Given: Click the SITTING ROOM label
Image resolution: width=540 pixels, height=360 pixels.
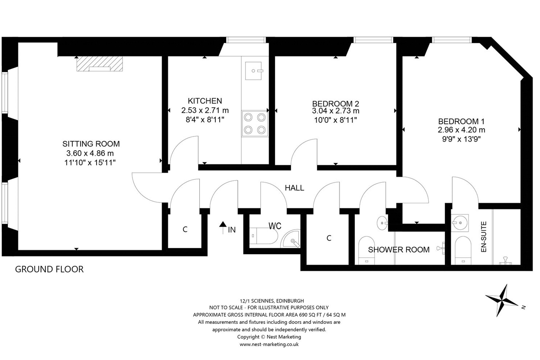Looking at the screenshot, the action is pos(91,144).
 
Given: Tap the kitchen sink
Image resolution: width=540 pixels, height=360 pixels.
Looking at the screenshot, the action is pos(254,71).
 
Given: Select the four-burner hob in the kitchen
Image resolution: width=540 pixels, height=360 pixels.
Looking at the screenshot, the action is pos(255,123).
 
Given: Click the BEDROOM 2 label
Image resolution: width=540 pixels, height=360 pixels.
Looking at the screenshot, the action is pos(336,104).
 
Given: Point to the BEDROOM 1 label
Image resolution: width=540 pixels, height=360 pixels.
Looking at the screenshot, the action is pos(461,121).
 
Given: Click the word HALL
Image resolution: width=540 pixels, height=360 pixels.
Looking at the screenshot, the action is pos(294,188).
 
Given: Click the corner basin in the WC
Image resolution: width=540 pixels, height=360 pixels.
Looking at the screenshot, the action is pos(291,239).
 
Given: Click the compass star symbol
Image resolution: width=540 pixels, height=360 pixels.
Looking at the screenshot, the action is pos(502,300).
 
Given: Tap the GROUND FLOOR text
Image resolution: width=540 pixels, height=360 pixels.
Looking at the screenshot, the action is pos(49,269).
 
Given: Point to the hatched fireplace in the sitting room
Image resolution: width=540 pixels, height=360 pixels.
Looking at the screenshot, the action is pos(100,64).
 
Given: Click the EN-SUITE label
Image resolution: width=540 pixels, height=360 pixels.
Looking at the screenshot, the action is pos(484,237).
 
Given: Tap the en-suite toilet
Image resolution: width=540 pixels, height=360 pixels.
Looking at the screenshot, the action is pos(463,250).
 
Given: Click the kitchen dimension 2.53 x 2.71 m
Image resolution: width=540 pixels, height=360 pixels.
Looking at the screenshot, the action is pos(205,110).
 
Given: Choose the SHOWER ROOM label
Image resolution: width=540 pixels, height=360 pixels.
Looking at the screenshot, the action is pos(399,249).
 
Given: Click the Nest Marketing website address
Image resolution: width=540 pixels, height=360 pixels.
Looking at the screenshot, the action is pos(269,344).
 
